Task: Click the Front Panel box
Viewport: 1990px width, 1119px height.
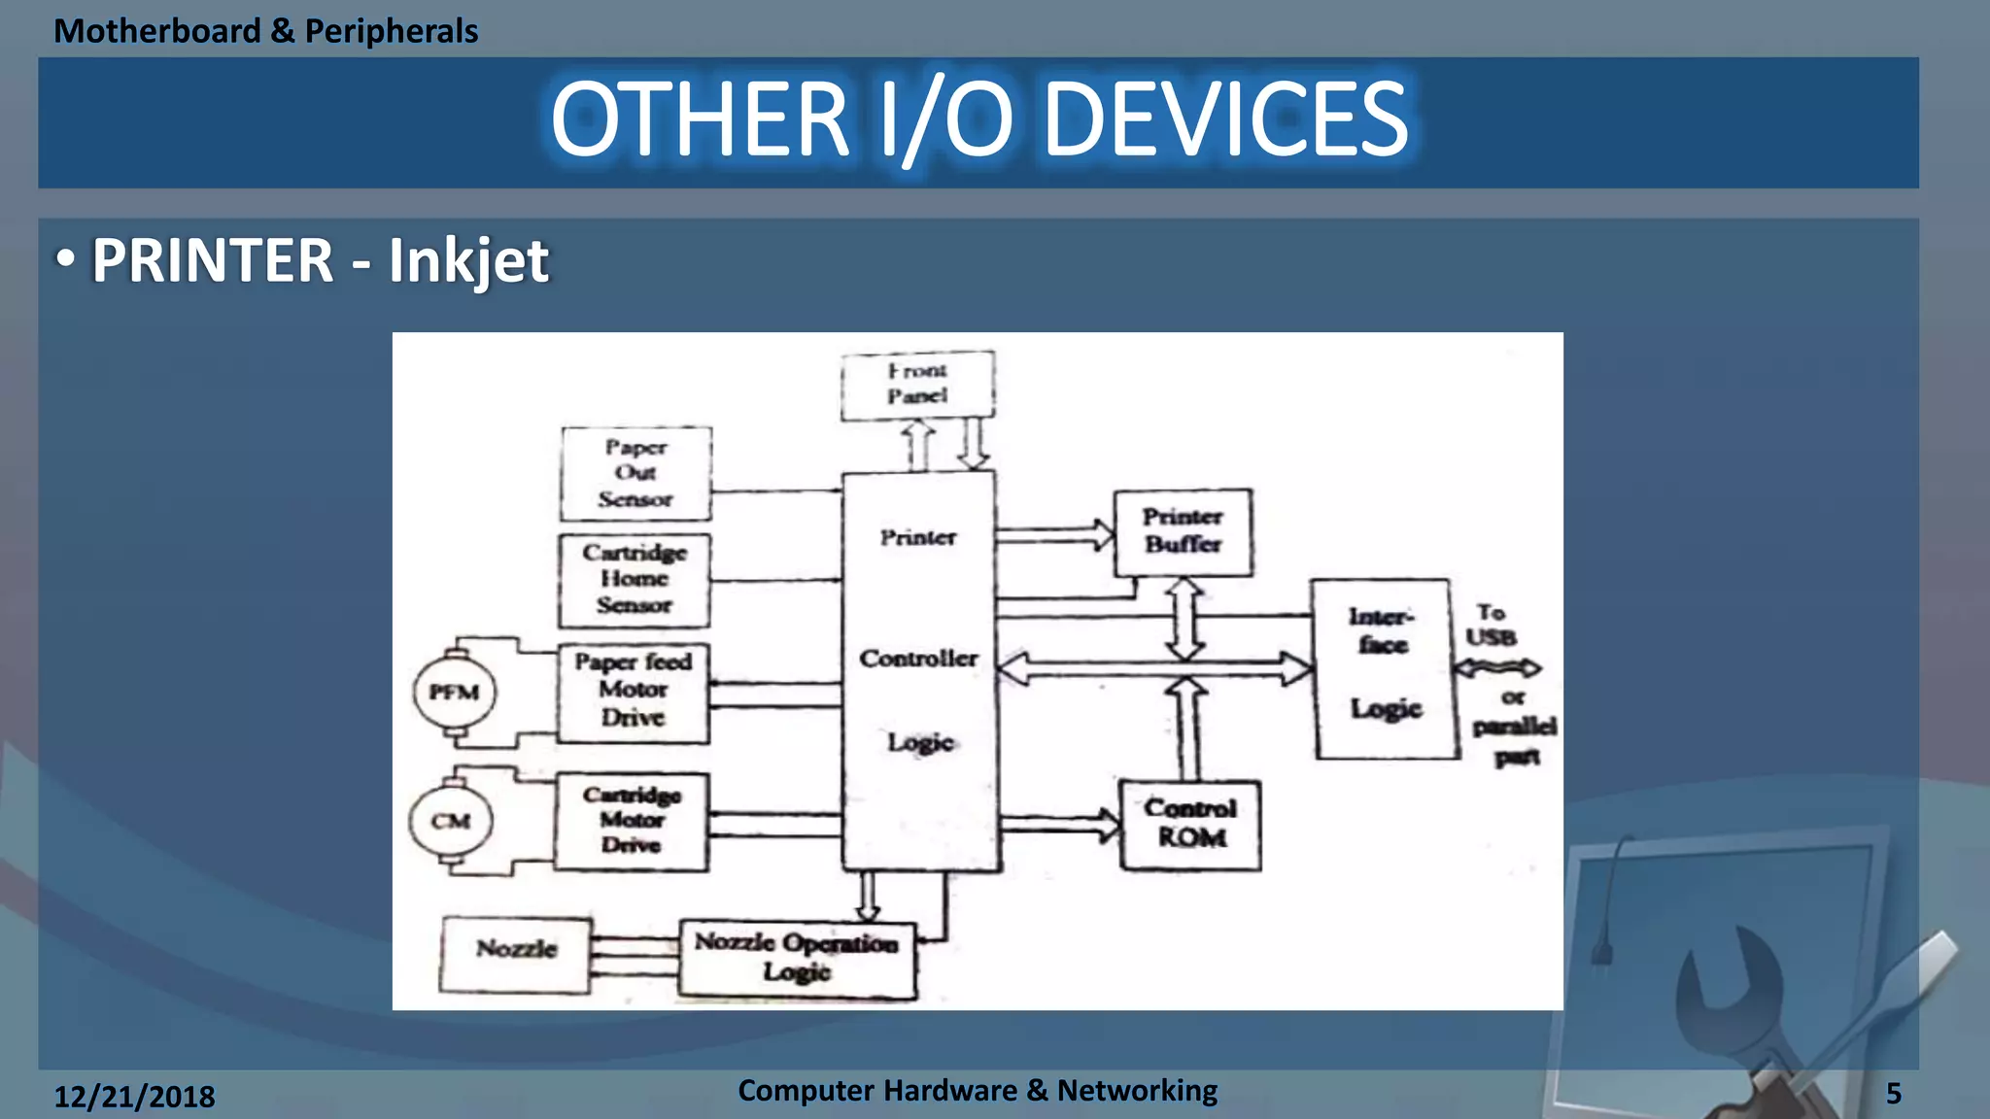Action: [917, 385]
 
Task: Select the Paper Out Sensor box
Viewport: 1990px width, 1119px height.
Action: [635, 473]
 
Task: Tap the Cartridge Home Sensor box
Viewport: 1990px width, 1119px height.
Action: [635, 580]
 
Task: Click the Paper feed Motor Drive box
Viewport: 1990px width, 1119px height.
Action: [634, 691]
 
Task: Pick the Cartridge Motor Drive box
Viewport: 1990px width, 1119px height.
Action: [632, 821]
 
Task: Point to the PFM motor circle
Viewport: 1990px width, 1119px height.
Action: [454, 693]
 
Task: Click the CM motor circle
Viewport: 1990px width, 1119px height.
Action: [451, 822]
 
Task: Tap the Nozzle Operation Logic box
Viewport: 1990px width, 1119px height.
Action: [797, 959]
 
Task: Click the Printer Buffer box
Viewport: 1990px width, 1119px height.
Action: [1183, 531]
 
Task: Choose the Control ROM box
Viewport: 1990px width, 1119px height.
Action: [1190, 824]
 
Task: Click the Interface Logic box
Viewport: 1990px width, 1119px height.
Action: [1384, 667]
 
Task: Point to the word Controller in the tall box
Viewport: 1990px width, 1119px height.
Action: [918, 659]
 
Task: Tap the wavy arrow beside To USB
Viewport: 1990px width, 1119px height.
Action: [1497, 668]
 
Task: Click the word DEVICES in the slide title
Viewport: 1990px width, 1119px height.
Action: [1225, 120]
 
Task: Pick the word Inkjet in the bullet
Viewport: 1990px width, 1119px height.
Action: [468, 261]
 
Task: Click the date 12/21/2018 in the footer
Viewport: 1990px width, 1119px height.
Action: [134, 1097]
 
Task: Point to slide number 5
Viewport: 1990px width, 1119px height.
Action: [1893, 1094]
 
